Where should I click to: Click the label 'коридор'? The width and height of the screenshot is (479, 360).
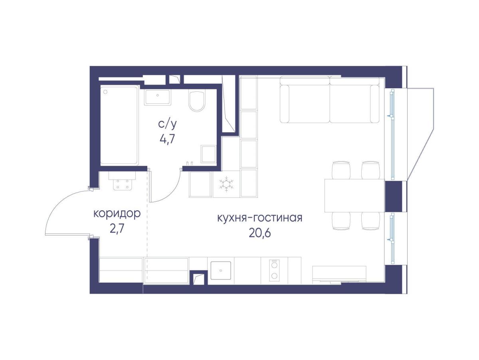pos(117,214)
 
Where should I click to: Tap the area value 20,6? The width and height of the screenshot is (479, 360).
pos(259,233)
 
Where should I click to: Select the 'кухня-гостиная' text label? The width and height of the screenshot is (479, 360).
pos(260,218)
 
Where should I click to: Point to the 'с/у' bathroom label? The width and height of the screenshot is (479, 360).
pos(167,124)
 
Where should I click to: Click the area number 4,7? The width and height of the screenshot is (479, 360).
pos(167,139)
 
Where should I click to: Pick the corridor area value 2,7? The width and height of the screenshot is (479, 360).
pos(117,229)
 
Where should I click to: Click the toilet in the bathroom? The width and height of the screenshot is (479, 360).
pos(197,101)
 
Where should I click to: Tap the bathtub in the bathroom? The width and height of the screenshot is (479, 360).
pos(119,125)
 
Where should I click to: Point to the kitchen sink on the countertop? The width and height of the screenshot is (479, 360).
pos(221,270)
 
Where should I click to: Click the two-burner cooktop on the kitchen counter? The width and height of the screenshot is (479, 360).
pos(274,270)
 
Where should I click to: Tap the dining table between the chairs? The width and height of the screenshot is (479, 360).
pos(354,196)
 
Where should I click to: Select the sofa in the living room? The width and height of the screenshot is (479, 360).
pos(330,99)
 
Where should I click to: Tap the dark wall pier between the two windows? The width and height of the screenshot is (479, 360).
pos(393,196)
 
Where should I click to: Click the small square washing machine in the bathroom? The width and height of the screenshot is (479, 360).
pos(208,154)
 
